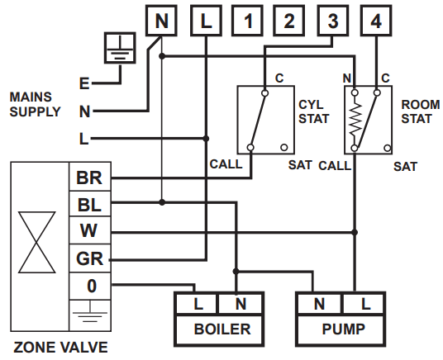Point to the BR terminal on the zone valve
88,178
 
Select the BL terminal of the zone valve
88,203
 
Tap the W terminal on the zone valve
88,230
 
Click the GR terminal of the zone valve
88,258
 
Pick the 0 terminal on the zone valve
88,286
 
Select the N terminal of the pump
318,305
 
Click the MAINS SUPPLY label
35,104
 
